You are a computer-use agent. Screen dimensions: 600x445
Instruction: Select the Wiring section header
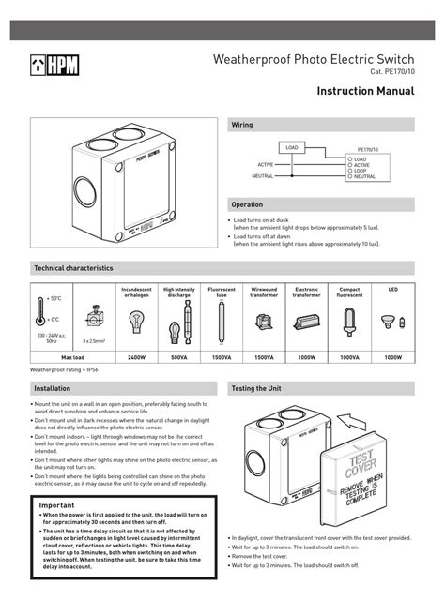pos(242,125)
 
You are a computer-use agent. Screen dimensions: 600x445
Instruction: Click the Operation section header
pos(248,204)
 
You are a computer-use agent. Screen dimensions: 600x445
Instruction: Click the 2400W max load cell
pos(137,357)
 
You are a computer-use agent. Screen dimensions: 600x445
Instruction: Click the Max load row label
pos(73,357)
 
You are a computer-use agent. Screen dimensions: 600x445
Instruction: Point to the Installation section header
pos(53,387)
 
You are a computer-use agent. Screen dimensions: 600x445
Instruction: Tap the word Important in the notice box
pos(57,504)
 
